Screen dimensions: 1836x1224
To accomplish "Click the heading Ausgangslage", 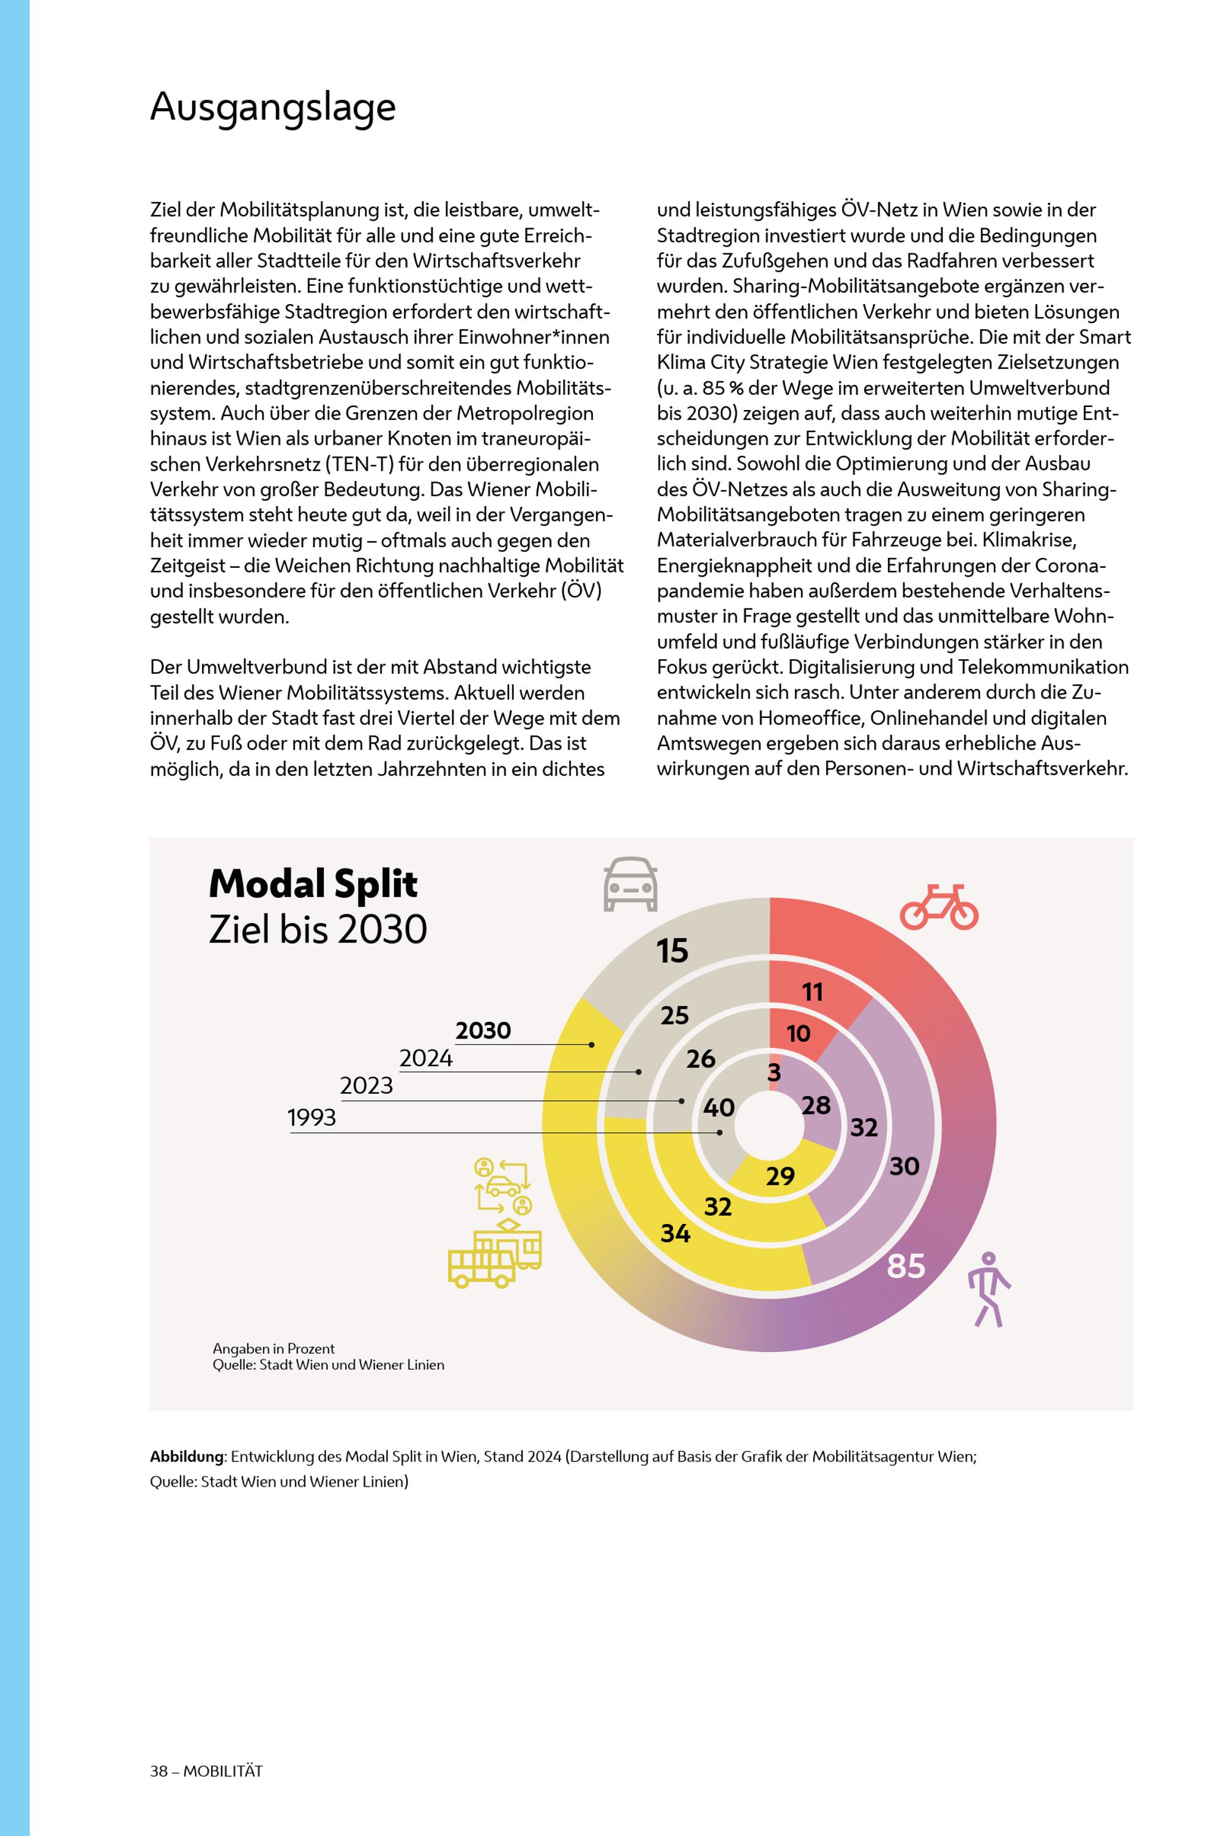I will tap(272, 107).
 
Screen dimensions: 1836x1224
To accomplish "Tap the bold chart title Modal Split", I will tap(312, 884).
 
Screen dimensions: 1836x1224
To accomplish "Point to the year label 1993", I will tap(312, 1118).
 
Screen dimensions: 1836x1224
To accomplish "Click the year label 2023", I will tap(366, 1086).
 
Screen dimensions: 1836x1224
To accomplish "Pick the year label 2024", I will tap(425, 1059).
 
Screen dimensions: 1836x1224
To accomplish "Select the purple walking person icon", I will tap(988, 1289).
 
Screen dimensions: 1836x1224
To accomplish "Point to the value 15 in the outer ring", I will tap(672, 951).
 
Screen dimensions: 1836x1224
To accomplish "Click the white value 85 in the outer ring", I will tap(906, 1266).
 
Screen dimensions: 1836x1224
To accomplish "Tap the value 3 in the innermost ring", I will tap(774, 1073).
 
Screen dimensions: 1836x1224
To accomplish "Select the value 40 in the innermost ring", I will tap(718, 1107).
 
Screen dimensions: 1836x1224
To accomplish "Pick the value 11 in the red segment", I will tap(813, 992).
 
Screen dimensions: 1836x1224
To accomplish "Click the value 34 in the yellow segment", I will tap(675, 1233).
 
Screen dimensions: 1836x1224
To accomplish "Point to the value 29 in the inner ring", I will tap(780, 1176).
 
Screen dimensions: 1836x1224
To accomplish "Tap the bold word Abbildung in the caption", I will tap(187, 1457).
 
